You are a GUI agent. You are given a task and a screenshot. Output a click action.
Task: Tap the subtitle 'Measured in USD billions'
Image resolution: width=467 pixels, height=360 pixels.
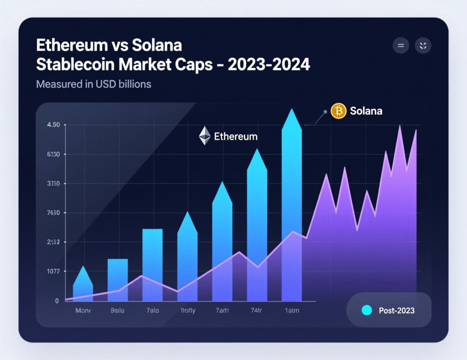coord(93,84)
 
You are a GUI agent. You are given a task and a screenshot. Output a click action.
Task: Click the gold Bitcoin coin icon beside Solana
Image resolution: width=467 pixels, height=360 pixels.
coord(338,111)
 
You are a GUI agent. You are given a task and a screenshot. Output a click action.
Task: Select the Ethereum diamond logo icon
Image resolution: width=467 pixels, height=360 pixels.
coord(205,136)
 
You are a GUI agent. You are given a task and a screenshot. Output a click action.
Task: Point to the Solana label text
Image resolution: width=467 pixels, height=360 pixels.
coord(366,111)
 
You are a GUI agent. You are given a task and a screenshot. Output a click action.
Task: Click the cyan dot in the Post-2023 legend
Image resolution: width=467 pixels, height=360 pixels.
coord(367,310)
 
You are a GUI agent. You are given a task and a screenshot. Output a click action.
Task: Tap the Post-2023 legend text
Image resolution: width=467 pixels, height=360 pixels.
coord(396,310)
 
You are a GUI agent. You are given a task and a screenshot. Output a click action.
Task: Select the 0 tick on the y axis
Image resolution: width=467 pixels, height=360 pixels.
coord(57,301)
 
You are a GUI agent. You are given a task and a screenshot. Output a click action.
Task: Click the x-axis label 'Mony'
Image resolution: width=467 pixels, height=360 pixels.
coord(83,310)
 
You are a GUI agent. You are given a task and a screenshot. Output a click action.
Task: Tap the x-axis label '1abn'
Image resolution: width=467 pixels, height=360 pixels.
coord(291,310)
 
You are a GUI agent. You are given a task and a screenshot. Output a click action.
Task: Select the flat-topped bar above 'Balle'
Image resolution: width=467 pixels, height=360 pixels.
coord(118,279)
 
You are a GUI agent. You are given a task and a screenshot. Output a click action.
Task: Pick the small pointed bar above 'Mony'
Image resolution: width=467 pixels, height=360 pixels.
coord(83,285)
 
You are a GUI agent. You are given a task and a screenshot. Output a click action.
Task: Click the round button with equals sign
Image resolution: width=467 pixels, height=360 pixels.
coord(401,46)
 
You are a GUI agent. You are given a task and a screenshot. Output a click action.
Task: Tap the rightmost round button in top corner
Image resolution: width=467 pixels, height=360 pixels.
coord(423,46)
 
